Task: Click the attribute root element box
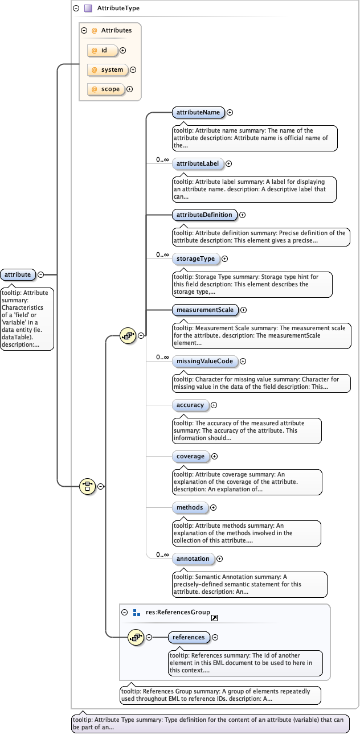pyautogui.click(x=18, y=274)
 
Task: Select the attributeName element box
pyautogui.click(x=198, y=112)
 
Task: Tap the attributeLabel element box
pyautogui.click(x=198, y=163)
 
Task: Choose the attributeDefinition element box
pyautogui.click(x=204, y=215)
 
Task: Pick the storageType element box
pyautogui.click(x=195, y=258)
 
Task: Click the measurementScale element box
pyautogui.click(x=205, y=310)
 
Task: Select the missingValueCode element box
pyautogui.click(x=204, y=361)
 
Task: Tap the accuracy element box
pyautogui.click(x=190, y=405)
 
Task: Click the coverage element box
pyautogui.click(x=190, y=456)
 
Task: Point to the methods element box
pyautogui.click(x=190, y=507)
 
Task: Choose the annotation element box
pyautogui.click(x=193, y=559)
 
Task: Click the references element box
pyautogui.click(x=189, y=637)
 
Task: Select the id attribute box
pyautogui.click(x=103, y=51)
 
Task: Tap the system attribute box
pyautogui.click(x=108, y=69)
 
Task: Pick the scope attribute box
pyautogui.click(x=106, y=89)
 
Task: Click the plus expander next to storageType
pyautogui.click(x=225, y=258)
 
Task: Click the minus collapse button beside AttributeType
pyautogui.click(x=76, y=9)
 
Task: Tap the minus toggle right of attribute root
pyautogui.click(x=41, y=274)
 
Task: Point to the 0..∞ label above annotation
pyautogui.click(x=162, y=555)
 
